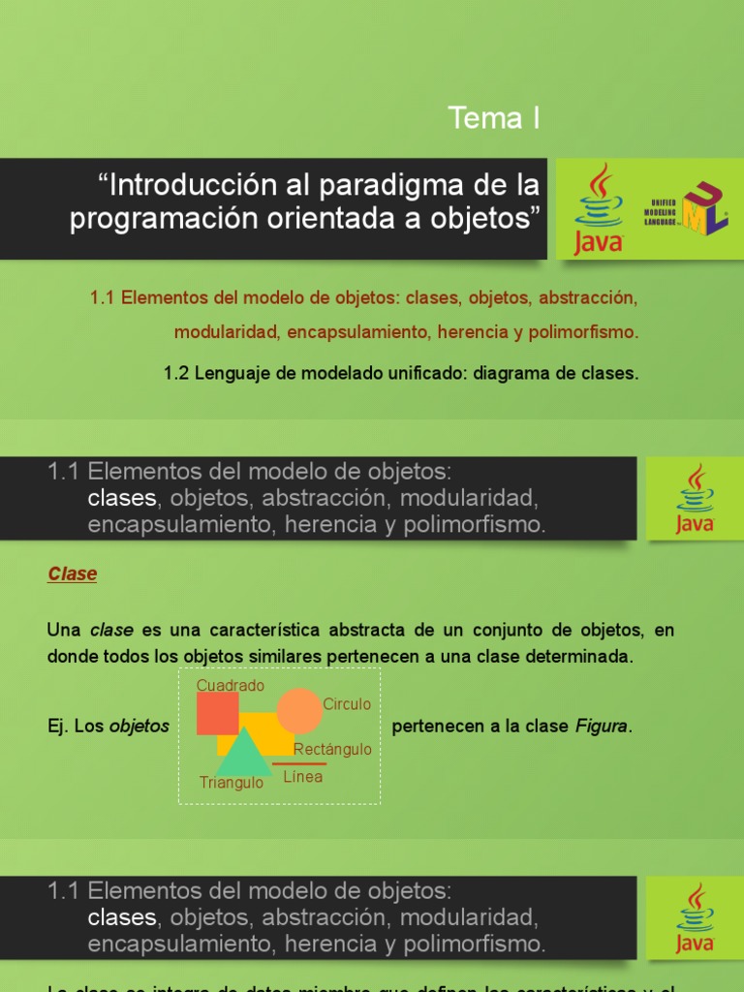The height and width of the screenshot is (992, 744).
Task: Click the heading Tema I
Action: (x=493, y=118)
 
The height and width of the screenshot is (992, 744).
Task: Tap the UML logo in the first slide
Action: (x=689, y=209)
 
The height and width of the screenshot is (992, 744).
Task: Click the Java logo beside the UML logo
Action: (x=599, y=209)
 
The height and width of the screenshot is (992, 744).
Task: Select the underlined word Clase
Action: (x=73, y=573)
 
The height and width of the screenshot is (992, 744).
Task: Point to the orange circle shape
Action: (x=299, y=711)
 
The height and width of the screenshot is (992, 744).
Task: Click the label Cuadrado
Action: (x=231, y=685)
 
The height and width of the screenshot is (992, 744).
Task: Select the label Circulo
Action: (x=347, y=704)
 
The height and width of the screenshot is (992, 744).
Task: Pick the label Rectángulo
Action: (x=332, y=749)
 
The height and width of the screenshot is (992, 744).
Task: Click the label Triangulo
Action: (x=231, y=783)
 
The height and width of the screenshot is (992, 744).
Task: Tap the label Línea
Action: (x=303, y=776)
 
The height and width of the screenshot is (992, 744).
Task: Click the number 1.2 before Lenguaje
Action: (x=177, y=374)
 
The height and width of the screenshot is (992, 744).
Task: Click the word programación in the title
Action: (x=154, y=219)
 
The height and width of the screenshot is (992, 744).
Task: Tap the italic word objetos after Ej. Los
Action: (x=139, y=726)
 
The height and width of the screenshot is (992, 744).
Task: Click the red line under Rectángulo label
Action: (x=299, y=763)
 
